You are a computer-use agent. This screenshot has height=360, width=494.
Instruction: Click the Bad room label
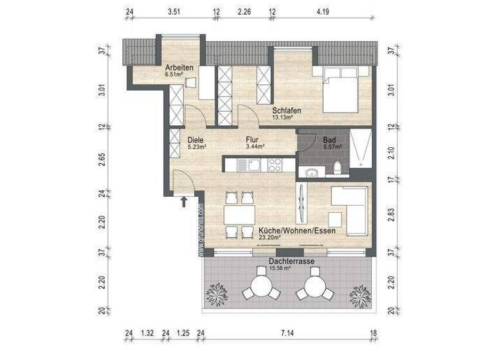click(x=329, y=139)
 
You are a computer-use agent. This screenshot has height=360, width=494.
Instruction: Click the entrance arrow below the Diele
click(x=184, y=202)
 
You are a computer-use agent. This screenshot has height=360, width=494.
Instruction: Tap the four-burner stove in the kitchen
click(x=275, y=165)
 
